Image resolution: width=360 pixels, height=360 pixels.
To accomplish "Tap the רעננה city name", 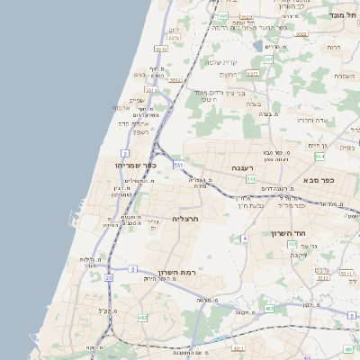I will click(x=243, y=168).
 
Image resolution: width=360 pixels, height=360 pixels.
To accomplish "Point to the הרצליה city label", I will click(x=184, y=219).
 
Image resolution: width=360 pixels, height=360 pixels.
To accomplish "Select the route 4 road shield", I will click(x=244, y=238).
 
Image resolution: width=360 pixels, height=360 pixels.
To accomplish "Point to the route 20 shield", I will click(x=109, y=278).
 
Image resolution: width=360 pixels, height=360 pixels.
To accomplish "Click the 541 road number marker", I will click(x=250, y=179).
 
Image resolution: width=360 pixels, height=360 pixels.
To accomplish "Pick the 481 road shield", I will click(x=270, y=309).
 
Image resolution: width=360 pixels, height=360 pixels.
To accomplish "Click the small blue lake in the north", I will click(x=259, y=45).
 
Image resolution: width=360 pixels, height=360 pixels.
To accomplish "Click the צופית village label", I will click(x=347, y=147).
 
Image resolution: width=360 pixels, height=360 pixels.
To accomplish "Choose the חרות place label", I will click(x=334, y=46).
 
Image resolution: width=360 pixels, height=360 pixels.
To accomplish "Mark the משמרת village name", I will click(x=344, y=76).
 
